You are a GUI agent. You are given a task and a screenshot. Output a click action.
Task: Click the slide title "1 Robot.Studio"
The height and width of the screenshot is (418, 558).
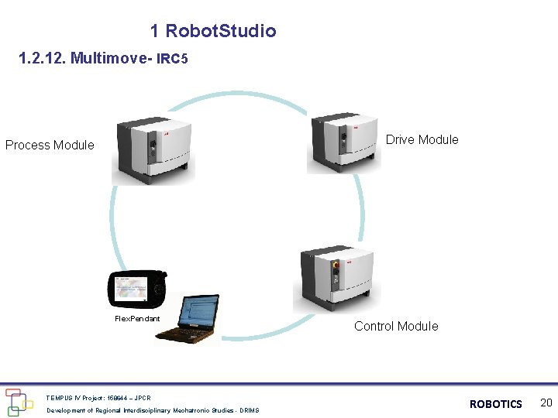point(213,31)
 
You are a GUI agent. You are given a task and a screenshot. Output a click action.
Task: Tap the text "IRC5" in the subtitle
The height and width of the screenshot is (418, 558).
point(172,60)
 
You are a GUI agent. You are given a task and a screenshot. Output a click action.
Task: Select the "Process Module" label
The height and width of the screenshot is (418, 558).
point(50,145)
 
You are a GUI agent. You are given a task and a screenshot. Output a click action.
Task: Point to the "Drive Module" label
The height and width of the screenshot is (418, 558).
point(422,139)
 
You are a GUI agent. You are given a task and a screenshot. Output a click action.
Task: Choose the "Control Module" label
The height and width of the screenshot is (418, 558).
point(396,326)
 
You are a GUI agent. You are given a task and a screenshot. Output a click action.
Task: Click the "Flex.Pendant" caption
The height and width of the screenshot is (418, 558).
point(137,319)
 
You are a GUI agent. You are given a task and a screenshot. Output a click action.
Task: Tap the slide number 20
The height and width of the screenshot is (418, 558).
point(546,403)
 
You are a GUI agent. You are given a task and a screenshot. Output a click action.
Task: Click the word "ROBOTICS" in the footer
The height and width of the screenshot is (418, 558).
point(496,404)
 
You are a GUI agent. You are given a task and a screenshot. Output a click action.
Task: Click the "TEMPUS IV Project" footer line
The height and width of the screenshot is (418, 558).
point(98,398)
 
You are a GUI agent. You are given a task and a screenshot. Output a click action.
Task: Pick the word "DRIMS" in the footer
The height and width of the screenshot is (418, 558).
point(250,410)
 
